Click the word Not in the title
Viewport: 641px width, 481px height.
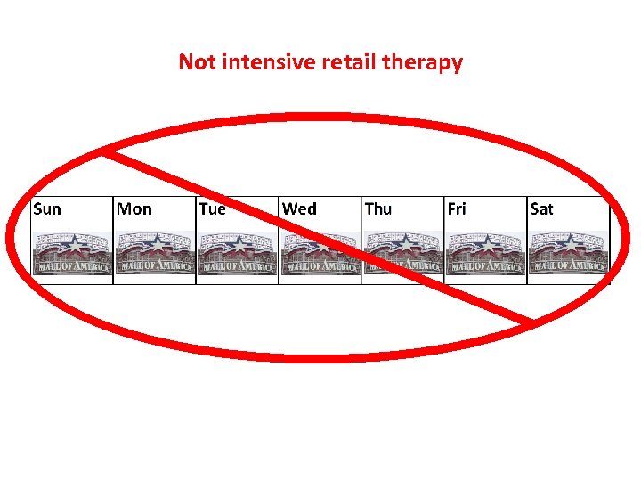click(x=196, y=62)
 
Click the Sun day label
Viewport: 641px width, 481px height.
click(x=47, y=209)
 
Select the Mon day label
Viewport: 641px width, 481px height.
click(x=134, y=209)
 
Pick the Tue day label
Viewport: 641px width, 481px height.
click(x=212, y=209)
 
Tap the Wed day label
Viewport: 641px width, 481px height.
click(x=299, y=209)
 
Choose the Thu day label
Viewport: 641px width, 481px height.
click(x=377, y=209)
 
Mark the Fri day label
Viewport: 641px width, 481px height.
click(x=457, y=209)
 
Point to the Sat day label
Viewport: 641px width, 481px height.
click(x=541, y=209)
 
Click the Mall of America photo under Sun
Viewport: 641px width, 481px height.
click(x=73, y=254)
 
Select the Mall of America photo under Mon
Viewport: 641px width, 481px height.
click(x=156, y=254)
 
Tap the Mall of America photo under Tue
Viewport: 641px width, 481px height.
click(x=238, y=254)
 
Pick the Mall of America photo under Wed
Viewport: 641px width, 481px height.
click(x=320, y=254)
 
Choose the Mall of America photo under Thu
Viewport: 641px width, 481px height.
click(x=403, y=254)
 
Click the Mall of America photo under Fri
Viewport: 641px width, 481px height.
click(x=486, y=254)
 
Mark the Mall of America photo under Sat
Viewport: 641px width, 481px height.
click(x=569, y=254)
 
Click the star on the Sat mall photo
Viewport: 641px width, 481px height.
click(x=569, y=242)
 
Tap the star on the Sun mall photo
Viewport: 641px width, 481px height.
click(x=73, y=242)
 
